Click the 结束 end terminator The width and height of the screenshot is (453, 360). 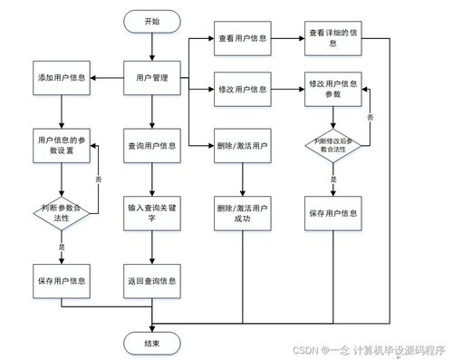pyautogui.click(x=151, y=342)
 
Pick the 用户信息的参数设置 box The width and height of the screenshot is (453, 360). pyautogui.click(x=62, y=145)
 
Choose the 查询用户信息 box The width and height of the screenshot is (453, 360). pyautogui.click(x=151, y=145)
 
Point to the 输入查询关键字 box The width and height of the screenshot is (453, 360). pyautogui.click(x=151, y=213)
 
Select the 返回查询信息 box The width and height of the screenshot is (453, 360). pyautogui.click(x=151, y=280)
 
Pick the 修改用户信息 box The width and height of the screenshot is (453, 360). pyautogui.click(x=243, y=89)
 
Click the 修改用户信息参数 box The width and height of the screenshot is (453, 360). pyautogui.click(x=333, y=89)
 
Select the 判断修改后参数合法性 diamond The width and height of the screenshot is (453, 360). pyautogui.click(x=333, y=145)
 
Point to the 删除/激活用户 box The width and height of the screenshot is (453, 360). pyautogui.click(x=243, y=145)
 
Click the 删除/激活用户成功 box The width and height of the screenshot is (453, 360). pyautogui.click(x=243, y=213)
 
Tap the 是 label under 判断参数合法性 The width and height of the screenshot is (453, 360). pyautogui.click(x=63, y=247)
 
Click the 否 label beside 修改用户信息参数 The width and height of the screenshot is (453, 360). pyautogui.click(x=370, y=118)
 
